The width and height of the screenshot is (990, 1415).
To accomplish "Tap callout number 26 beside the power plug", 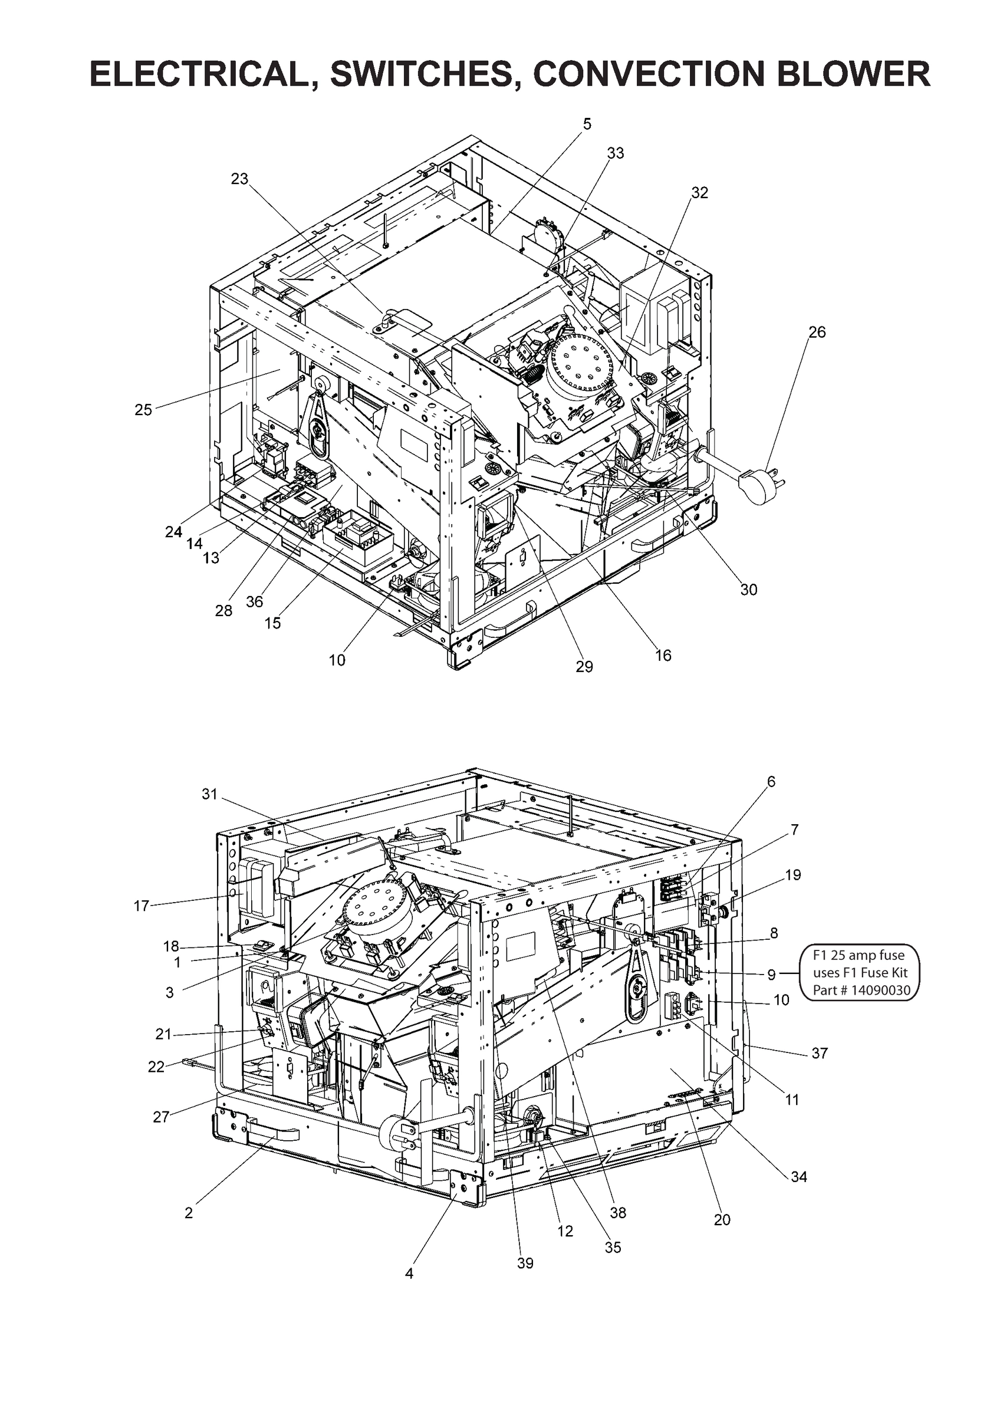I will (x=817, y=332).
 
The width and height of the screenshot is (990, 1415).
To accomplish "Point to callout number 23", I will (x=239, y=179).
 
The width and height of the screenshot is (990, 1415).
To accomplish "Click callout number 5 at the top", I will (x=587, y=124).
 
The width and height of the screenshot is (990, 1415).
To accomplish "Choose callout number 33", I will (x=615, y=153).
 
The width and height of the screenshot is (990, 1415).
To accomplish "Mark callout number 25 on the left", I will (x=143, y=410).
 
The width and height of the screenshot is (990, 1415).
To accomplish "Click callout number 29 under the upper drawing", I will (x=584, y=666).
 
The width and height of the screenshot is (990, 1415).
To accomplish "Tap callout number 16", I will (x=663, y=655).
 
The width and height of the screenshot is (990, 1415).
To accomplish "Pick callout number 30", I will (x=748, y=589).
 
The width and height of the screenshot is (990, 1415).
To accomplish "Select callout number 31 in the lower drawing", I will (x=210, y=794).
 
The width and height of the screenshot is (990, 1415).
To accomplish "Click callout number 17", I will (x=141, y=906).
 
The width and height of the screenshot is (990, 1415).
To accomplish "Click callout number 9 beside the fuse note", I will (x=771, y=975).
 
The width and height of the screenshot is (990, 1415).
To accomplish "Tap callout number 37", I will (x=819, y=1053).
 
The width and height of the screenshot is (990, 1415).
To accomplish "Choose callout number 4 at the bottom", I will (x=409, y=1273).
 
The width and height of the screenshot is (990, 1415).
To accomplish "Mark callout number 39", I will (x=525, y=1263).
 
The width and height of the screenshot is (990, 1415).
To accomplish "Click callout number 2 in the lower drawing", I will (x=189, y=1213).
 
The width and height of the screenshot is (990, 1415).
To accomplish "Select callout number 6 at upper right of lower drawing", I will (x=771, y=781).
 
